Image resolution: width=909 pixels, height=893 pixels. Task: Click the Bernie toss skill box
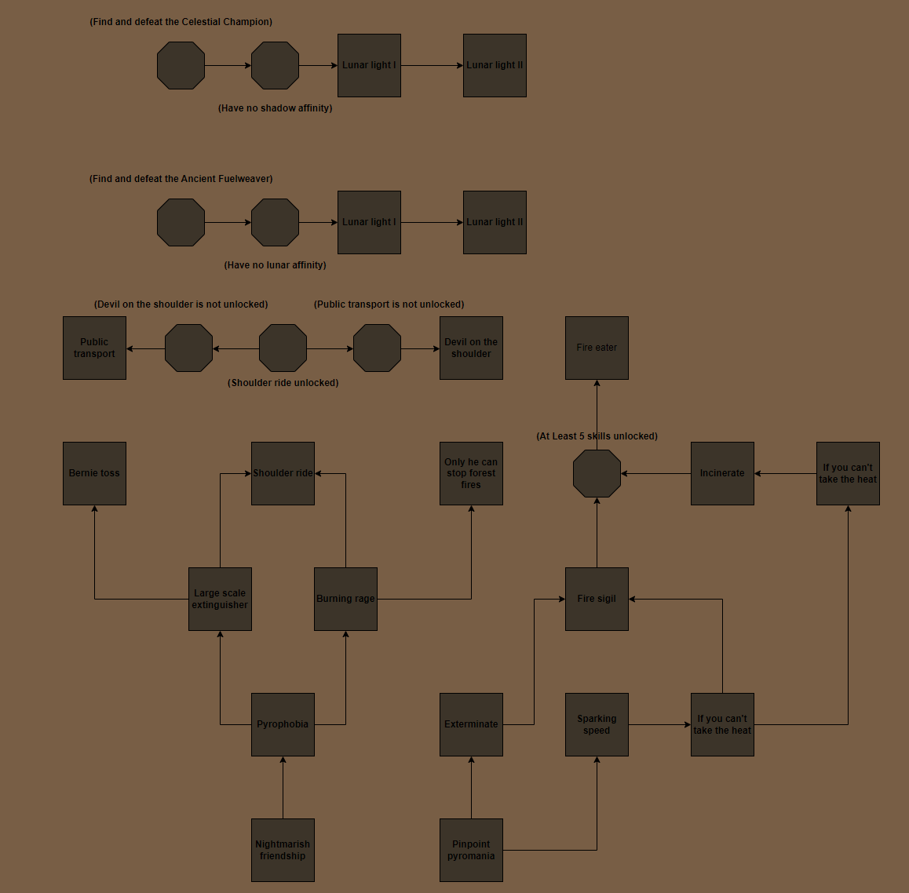click(x=94, y=473)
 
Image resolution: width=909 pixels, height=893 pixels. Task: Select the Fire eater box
click(x=597, y=348)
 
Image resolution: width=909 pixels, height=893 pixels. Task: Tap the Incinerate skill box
click(x=722, y=473)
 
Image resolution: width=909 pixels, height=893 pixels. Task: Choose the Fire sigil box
click(x=597, y=600)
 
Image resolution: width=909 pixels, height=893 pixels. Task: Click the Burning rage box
click(x=345, y=600)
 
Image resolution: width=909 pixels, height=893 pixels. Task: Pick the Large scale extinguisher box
click(x=221, y=600)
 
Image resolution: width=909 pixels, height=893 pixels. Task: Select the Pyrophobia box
click(x=283, y=724)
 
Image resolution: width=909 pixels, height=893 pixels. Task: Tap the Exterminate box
click(x=471, y=724)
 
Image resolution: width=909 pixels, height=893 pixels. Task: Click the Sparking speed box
click(x=597, y=724)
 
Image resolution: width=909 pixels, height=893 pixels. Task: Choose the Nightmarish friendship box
click(x=283, y=850)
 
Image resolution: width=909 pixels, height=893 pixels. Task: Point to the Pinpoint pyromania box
click(x=471, y=850)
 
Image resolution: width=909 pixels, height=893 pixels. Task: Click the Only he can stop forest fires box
click(x=471, y=473)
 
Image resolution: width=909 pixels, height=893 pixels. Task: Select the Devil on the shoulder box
click(x=471, y=348)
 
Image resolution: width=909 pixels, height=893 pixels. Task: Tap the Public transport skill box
click(x=94, y=348)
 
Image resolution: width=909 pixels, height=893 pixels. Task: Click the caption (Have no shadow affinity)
click(x=275, y=108)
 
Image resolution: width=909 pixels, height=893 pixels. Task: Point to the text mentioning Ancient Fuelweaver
click(x=181, y=179)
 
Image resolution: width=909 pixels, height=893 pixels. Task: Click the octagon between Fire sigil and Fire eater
click(x=597, y=473)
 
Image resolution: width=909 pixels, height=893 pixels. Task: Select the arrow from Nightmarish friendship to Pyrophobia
click(x=283, y=788)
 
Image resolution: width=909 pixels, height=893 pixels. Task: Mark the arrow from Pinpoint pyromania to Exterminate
click(x=471, y=788)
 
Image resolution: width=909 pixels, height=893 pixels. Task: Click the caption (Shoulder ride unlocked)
click(x=283, y=383)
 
